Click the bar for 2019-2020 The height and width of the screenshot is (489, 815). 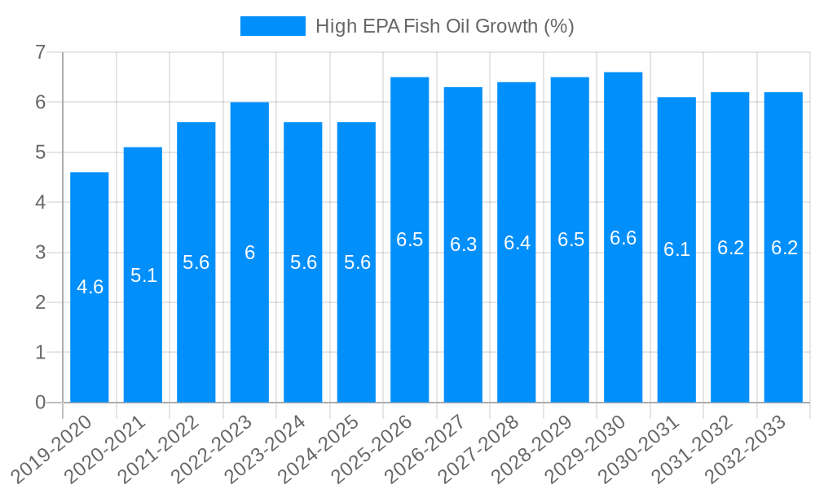90,326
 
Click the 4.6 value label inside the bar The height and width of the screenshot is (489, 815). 90,287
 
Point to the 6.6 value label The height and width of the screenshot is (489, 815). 623,238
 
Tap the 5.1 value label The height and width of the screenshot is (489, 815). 143,275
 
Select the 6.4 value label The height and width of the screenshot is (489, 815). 517,243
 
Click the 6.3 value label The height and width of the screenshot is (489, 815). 463,244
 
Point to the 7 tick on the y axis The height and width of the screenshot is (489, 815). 40,53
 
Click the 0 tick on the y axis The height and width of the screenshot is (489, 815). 40,403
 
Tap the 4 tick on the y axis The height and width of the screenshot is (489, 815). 40,203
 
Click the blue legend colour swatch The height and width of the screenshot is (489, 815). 272,26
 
